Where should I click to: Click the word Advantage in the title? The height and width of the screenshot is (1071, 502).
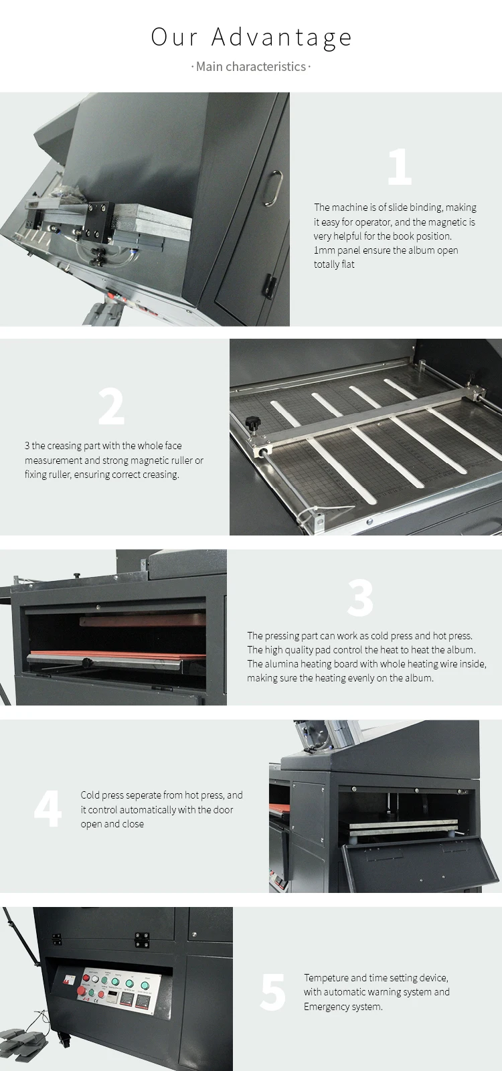click(282, 37)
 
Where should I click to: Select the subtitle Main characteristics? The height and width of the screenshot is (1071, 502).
click(251, 66)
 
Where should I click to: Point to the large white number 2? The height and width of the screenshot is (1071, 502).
click(111, 406)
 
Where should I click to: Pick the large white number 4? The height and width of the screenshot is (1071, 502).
click(48, 809)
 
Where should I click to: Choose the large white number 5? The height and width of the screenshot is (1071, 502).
click(273, 992)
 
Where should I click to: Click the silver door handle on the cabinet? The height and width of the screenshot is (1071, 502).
click(274, 188)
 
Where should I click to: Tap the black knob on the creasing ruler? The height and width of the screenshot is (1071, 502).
click(251, 422)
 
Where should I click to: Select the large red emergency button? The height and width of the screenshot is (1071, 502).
click(82, 990)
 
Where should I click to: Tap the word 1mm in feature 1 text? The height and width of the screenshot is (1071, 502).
click(324, 250)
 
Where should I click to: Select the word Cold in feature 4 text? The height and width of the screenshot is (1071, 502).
click(90, 795)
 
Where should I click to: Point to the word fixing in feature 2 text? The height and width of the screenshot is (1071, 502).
click(36, 475)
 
